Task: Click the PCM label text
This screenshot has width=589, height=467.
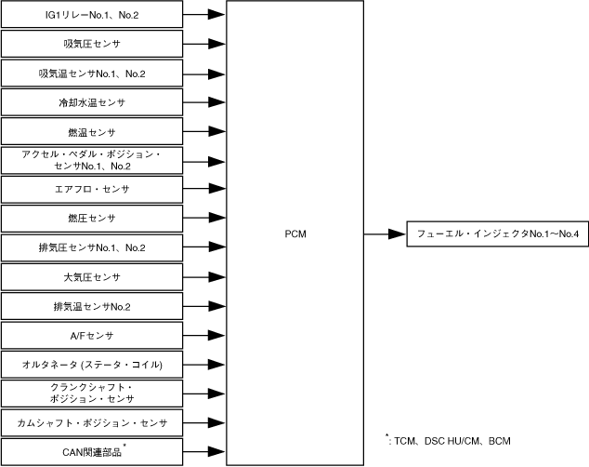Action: tap(295, 233)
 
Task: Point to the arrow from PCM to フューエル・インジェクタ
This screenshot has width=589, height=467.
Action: tap(385, 233)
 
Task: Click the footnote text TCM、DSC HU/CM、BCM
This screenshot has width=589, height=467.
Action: tap(449, 440)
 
